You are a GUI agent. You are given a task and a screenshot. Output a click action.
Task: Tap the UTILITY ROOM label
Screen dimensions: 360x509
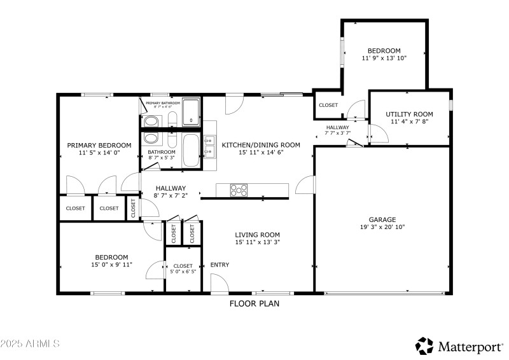409,114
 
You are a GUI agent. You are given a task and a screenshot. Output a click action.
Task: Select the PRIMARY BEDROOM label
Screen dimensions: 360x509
99,145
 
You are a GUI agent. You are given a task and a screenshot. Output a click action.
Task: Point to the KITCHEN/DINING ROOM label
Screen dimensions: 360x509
260,145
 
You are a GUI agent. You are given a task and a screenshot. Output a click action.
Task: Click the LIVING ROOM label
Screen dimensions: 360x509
257,235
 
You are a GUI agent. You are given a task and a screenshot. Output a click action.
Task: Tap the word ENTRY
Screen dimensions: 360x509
220,265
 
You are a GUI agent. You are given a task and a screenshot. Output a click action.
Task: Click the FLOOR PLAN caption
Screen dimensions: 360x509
254,304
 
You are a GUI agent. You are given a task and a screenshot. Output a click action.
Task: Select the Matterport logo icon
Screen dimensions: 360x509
424,345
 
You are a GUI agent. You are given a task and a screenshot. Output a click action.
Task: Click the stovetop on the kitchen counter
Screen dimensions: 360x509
239,190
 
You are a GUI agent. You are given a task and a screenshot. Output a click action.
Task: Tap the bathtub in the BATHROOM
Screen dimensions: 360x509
190,151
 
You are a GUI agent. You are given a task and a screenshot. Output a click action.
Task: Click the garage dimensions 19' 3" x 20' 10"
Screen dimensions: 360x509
382,226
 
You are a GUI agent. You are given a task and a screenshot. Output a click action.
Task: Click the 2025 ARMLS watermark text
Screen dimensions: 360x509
30,343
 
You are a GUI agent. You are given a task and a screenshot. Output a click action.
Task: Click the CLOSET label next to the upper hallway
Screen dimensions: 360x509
328,105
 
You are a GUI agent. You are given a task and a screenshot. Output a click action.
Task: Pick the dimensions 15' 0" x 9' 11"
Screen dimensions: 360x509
111,265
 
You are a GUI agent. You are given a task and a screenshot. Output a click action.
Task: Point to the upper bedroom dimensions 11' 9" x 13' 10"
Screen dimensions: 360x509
384,59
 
